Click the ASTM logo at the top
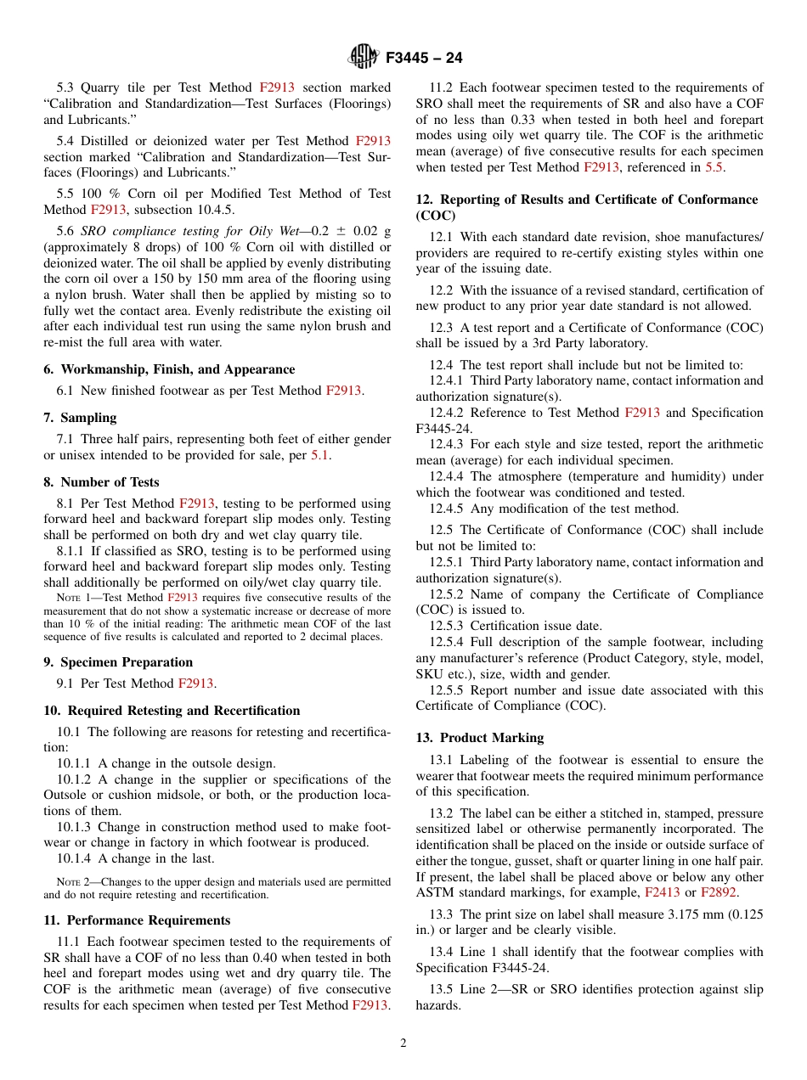tap(364, 57)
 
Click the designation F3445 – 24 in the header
tap(424, 58)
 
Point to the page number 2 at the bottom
tap(403, 1043)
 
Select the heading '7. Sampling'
tap(80, 418)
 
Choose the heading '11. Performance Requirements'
tap(137, 920)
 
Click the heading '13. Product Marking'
tap(480, 738)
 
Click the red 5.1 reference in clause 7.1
tap(319, 455)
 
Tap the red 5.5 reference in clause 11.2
tap(714, 167)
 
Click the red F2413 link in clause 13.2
tap(663, 892)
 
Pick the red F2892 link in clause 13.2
tap(718, 892)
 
